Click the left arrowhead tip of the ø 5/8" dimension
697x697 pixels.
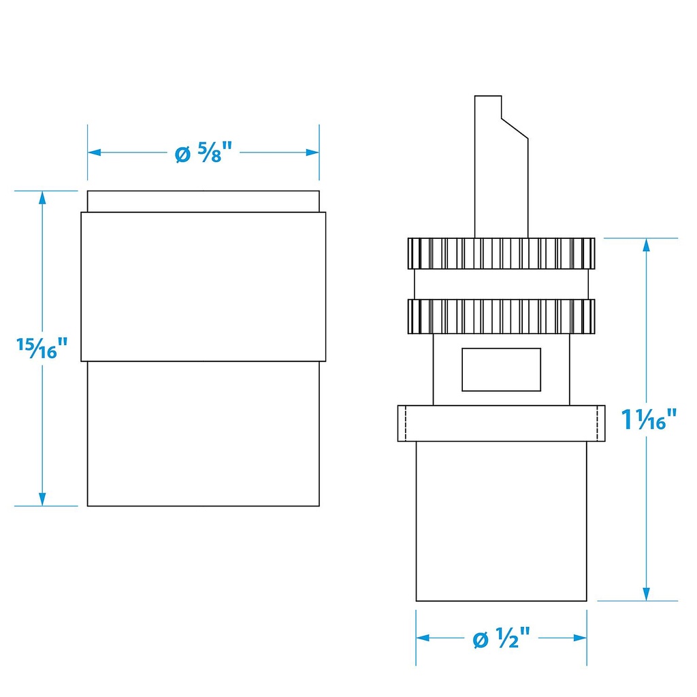pyautogui.click(x=88, y=152)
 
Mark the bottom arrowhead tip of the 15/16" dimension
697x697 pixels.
pyautogui.click(x=42, y=506)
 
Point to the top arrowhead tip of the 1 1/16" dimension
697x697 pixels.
pyautogui.click(x=647, y=238)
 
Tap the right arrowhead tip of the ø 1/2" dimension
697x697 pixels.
pyautogui.click(x=587, y=638)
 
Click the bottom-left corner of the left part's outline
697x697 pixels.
pyautogui.click(x=88, y=506)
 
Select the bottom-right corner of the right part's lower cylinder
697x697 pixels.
pyautogui.click(x=586, y=600)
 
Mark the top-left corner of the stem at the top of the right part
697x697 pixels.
pyautogui.click(x=474, y=96)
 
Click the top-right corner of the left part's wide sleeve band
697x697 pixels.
pyautogui.click(x=325, y=212)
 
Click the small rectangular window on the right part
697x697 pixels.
pyautogui.click(x=501, y=370)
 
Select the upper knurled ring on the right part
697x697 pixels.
pyautogui.click(x=501, y=253)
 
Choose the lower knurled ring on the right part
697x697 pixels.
pyautogui.click(x=501, y=317)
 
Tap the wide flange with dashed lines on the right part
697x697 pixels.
pyautogui.click(x=501, y=423)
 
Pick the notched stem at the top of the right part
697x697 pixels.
pyautogui.click(x=501, y=167)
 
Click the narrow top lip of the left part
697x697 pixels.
pyautogui.click(x=203, y=201)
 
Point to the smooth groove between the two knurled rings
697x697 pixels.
pyautogui.click(x=501, y=284)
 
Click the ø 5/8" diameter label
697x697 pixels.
pyautogui.click(x=204, y=152)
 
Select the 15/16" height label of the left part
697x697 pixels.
pyautogui.click(x=42, y=348)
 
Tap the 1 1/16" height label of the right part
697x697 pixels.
pyautogui.click(x=649, y=419)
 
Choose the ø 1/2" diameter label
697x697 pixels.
pyautogui.click(x=502, y=638)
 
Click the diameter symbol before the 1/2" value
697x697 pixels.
pyautogui.click(x=481, y=640)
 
